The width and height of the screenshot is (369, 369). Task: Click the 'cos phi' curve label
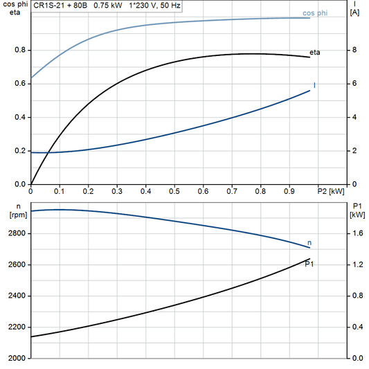click(x=316, y=13)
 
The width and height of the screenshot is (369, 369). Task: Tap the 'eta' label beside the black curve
click(x=314, y=52)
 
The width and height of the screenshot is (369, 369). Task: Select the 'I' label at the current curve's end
click(x=314, y=86)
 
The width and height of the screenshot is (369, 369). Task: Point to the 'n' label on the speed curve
click(x=309, y=242)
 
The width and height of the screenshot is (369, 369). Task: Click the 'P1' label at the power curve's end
click(x=309, y=264)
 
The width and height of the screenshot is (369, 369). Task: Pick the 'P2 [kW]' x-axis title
click(x=331, y=190)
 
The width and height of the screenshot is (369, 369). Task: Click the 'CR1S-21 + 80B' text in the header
click(x=61, y=4)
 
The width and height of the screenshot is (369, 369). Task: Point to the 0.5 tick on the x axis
click(x=174, y=190)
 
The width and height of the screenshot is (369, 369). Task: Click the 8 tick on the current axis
click(x=354, y=51)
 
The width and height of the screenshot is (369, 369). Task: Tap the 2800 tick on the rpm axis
click(x=15, y=234)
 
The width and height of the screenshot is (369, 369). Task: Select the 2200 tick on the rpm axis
click(x=15, y=327)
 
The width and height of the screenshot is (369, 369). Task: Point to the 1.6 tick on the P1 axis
click(x=357, y=234)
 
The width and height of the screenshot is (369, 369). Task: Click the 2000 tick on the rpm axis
click(x=15, y=359)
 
